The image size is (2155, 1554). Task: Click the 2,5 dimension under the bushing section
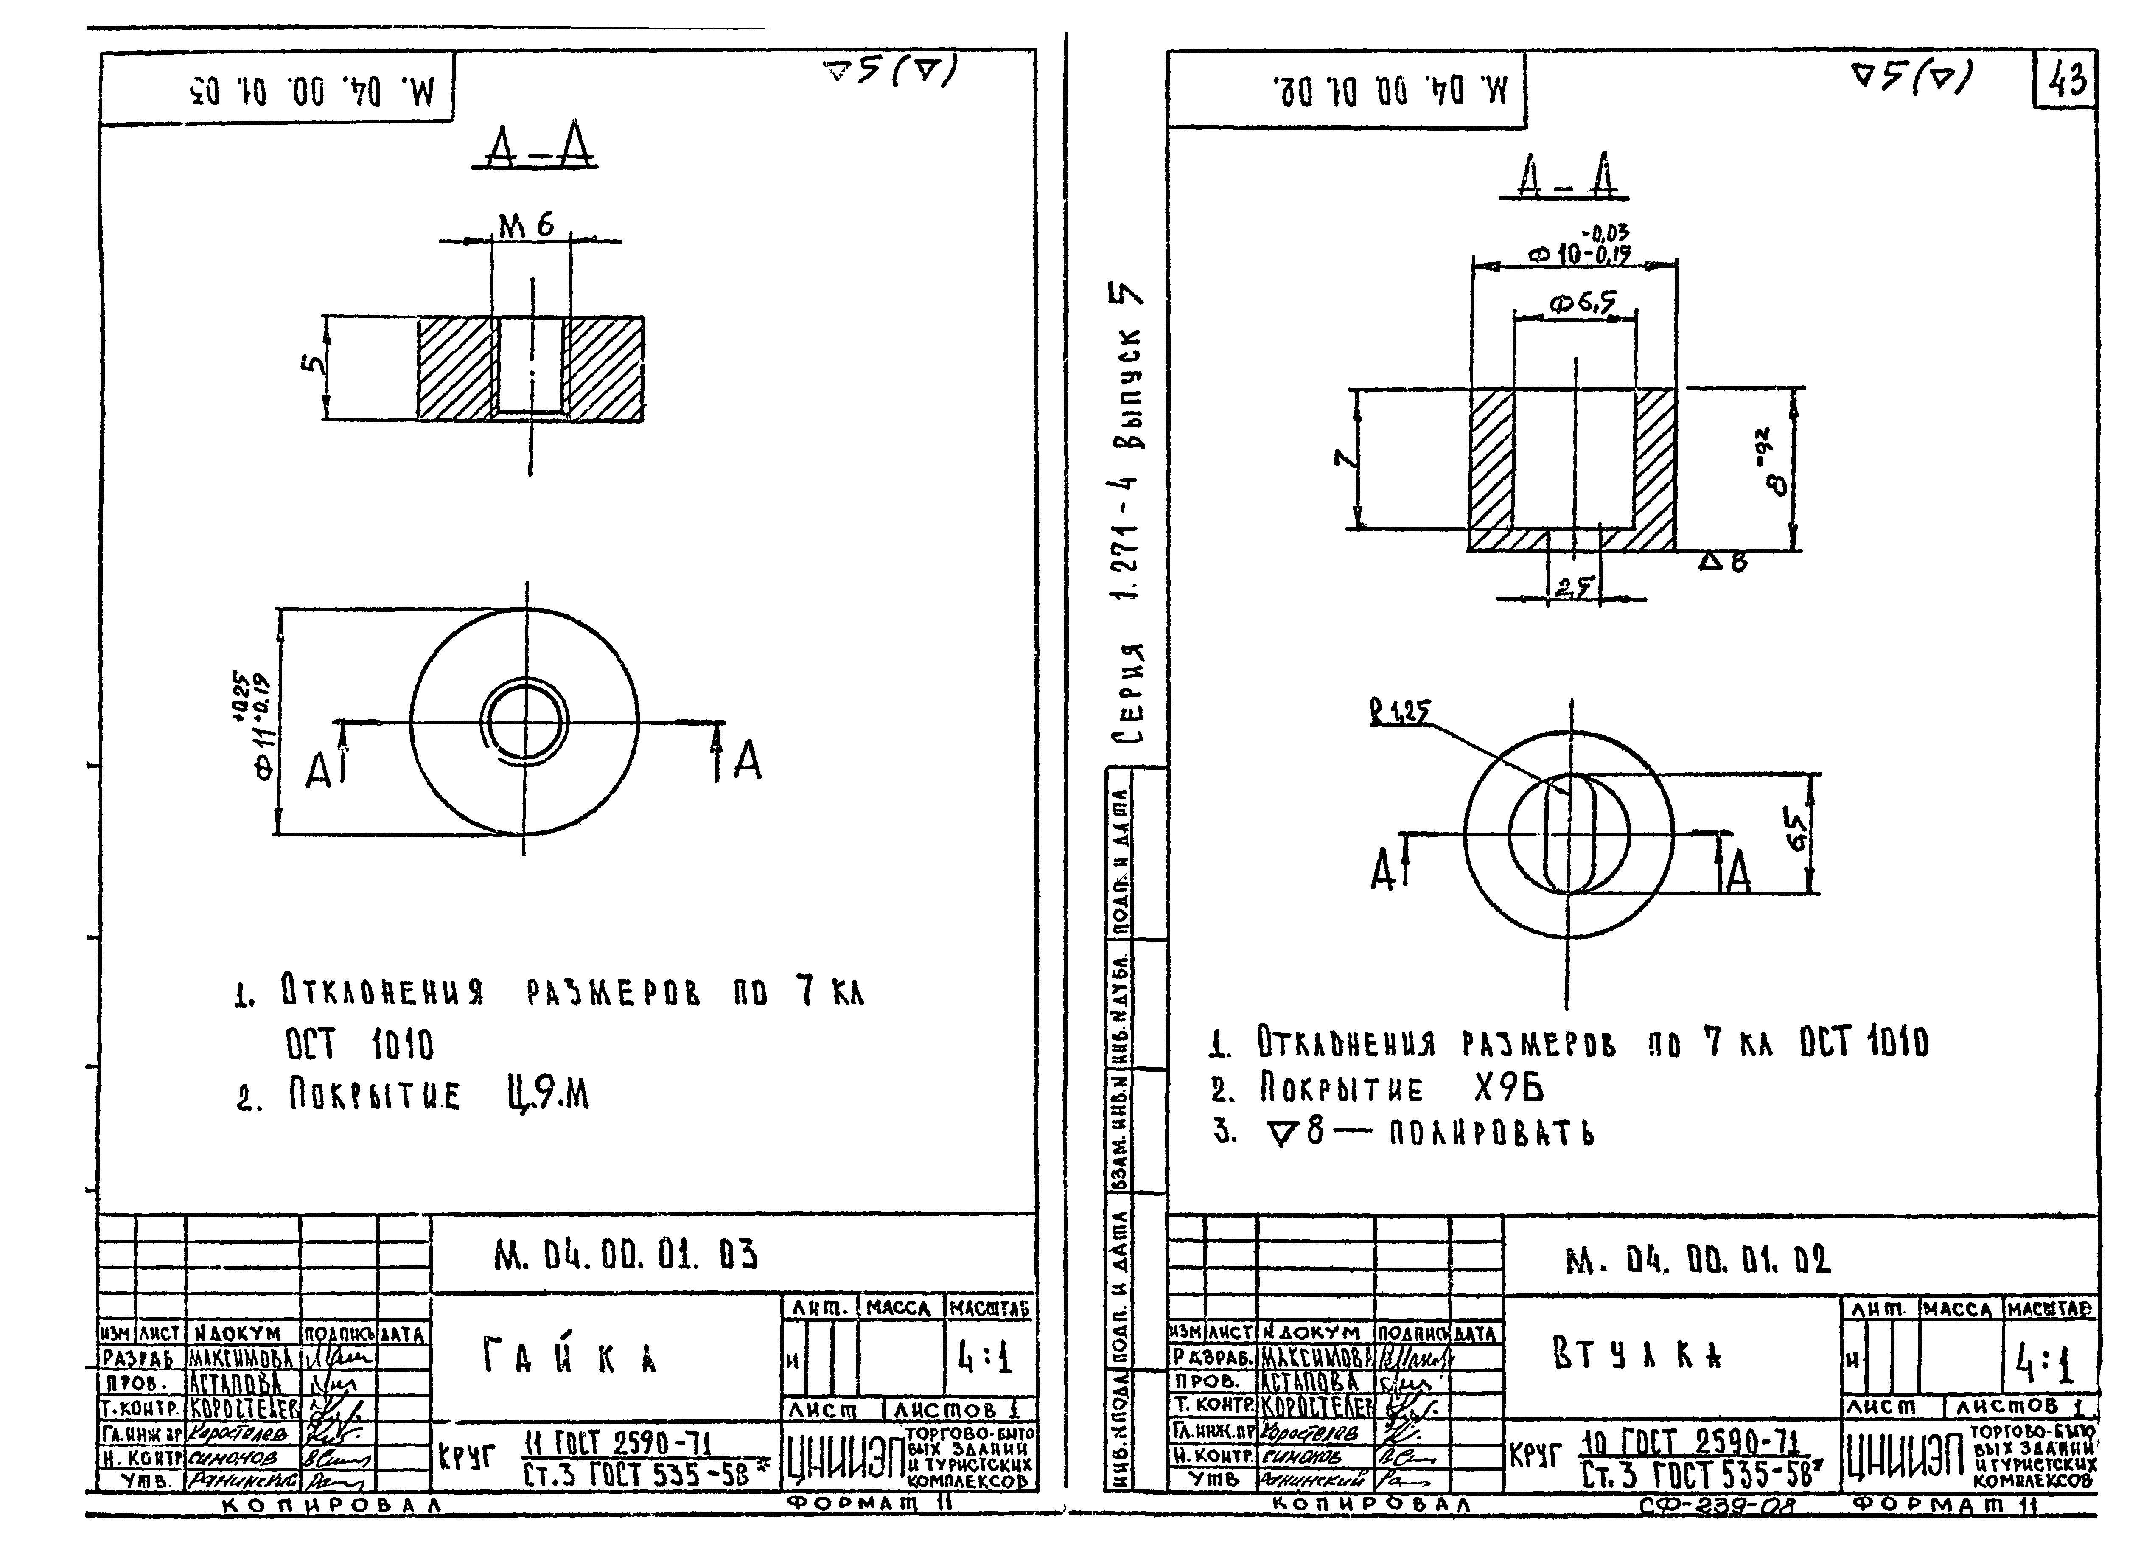[x=1573, y=589]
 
